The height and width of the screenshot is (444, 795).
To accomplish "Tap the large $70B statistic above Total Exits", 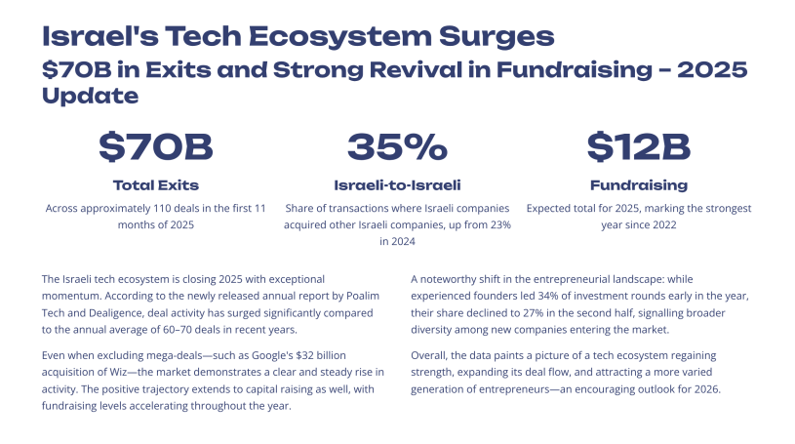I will pos(156,147).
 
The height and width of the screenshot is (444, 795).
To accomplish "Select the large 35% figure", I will pos(397,147).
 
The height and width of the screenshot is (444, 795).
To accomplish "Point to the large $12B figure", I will pos(639,147).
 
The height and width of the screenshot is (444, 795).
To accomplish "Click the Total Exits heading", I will pos(156,184).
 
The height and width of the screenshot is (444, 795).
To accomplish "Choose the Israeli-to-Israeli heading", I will pos(397,184).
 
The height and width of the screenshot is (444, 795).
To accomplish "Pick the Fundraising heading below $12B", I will pos(639,184).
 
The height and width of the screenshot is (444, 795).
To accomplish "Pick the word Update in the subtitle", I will pos(90,96).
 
